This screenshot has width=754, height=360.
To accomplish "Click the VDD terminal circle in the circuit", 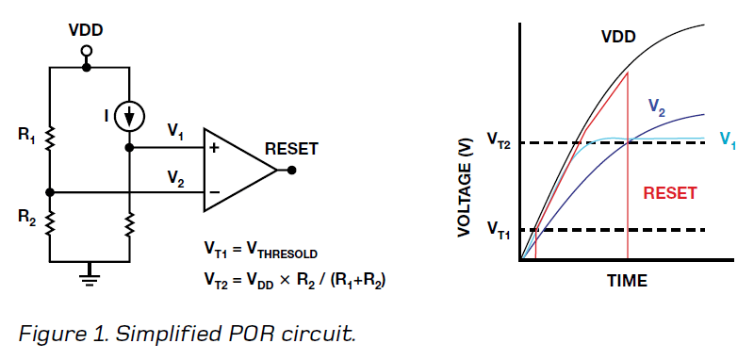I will (x=87, y=50).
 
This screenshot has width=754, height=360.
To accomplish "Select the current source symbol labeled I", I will (x=129, y=117).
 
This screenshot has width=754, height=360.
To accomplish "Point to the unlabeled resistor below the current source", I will (x=129, y=224).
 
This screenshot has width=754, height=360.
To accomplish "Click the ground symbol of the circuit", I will (x=89, y=272).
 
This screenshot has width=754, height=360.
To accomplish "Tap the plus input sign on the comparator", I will (x=214, y=149).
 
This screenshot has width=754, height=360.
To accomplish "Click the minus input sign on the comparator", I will (x=214, y=192).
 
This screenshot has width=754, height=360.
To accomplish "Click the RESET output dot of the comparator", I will (x=292, y=171).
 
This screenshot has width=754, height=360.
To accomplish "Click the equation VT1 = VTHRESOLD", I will (x=261, y=252).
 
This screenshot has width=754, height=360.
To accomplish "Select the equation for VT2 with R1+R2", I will (x=294, y=280).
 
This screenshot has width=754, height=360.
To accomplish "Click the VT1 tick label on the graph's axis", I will (x=499, y=227).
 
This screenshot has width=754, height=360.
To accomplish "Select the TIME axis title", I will (x=627, y=280).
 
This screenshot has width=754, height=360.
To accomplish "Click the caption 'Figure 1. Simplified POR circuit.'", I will (x=187, y=334).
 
